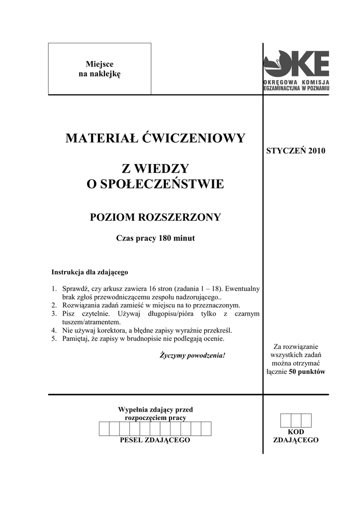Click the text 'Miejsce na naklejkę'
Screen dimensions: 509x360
pyautogui.click(x=99, y=69)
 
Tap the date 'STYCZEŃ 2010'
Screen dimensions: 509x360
pyautogui.click(x=296, y=151)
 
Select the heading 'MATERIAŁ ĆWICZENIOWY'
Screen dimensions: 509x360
pyautogui.click(x=155, y=138)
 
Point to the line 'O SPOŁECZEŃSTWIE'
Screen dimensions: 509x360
pyautogui.click(x=155, y=184)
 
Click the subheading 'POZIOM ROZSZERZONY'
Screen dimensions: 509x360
pyautogui.click(x=155, y=217)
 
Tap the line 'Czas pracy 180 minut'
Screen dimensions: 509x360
pyautogui.click(x=155, y=238)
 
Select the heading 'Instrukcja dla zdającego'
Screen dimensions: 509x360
pyautogui.click(x=90, y=272)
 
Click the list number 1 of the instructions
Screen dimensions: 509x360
pyautogui.click(x=54, y=289)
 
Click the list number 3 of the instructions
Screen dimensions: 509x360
pyautogui.click(x=54, y=314)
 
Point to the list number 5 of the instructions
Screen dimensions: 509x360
pyautogui.click(x=54, y=339)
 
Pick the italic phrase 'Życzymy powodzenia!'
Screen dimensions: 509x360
pyautogui.click(x=192, y=356)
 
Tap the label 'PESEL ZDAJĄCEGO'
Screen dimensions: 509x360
pyautogui.click(x=155, y=441)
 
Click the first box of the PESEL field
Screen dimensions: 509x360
pyautogui.click(x=104, y=428)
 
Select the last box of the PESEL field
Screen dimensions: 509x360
pyautogui.click(x=206, y=428)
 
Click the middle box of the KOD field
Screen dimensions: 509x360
pyautogui.click(x=296, y=421)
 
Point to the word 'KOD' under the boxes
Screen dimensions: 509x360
pyautogui.click(x=296, y=432)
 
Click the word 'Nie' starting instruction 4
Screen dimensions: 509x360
pyautogui.click(x=67, y=331)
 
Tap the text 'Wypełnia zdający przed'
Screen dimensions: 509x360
pyautogui.click(x=155, y=410)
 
